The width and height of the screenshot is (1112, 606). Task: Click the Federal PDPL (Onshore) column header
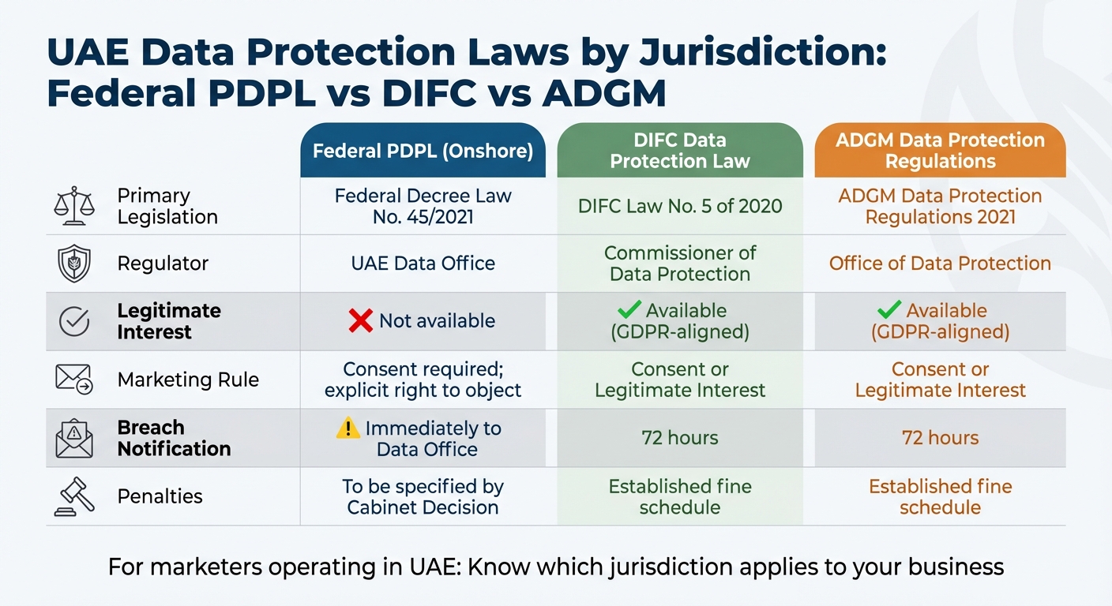tap(423, 151)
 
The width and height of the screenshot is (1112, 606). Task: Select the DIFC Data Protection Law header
tap(679, 151)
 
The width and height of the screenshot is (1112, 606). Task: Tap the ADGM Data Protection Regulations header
tap(940, 151)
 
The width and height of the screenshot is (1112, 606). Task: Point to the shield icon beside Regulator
tap(74, 264)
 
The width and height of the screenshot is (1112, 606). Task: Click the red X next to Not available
tap(361, 320)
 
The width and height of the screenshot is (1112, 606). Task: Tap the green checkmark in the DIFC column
tap(629, 309)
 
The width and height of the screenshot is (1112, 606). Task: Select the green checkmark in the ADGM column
tap(889, 309)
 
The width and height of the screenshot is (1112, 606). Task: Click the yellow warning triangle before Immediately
tap(347, 428)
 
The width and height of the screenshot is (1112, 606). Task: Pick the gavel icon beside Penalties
tap(73, 496)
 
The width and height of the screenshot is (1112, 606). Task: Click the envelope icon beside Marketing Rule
tap(74, 380)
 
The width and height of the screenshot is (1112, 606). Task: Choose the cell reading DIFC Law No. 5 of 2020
tap(679, 207)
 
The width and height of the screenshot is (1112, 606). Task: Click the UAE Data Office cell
tap(423, 264)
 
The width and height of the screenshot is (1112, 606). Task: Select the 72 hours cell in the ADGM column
tap(940, 438)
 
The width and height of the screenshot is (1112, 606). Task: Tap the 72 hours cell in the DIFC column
tap(679, 438)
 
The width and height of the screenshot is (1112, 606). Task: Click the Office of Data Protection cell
tap(940, 264)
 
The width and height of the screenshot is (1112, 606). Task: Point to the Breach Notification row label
tap(174, 438)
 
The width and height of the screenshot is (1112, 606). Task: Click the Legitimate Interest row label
tap(168, 321)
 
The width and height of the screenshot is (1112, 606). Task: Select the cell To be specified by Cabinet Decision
tap(423, 497)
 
